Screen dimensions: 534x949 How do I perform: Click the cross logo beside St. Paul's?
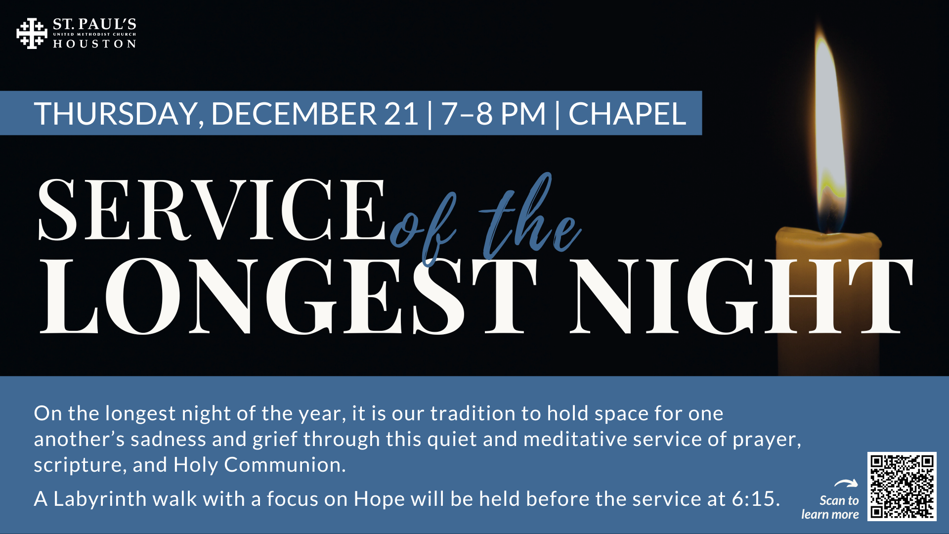[32, 34]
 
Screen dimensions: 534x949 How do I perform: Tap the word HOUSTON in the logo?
[94, 44]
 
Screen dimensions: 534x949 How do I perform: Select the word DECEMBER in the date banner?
[294, 114]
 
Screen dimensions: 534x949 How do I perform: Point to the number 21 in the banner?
[401, 114]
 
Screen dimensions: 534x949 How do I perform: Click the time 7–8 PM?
[493, 114]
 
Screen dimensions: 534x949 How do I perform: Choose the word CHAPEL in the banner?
[627, 114]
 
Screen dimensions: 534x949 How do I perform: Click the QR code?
[902, 486]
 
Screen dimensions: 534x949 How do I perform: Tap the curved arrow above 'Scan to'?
[846, 483]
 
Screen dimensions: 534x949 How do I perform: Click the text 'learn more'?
[830, 515]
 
